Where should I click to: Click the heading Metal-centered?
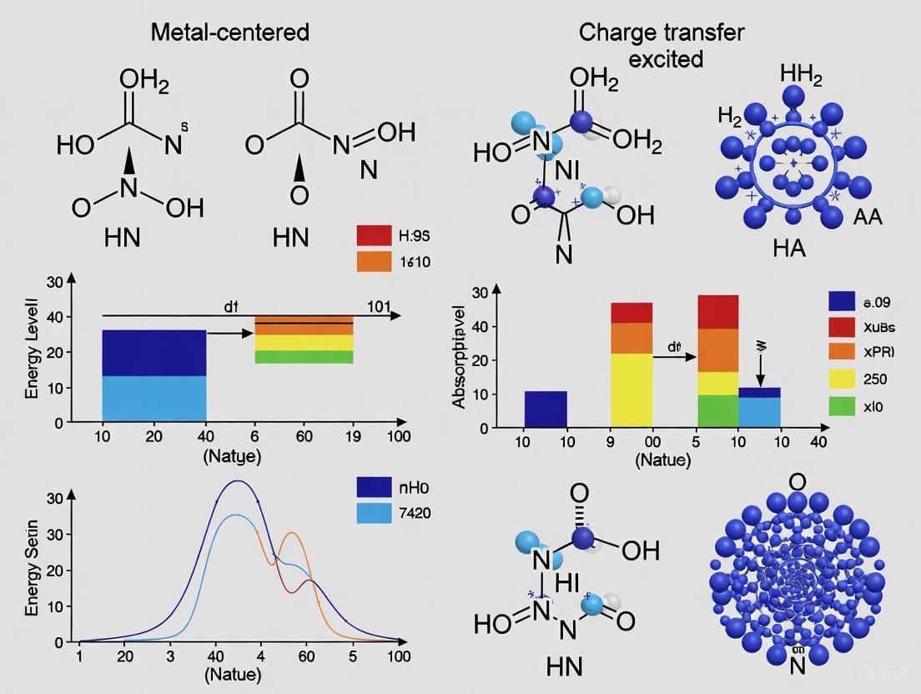[229, 33]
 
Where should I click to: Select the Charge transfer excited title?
[661, 45]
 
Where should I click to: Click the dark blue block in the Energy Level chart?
[154, 353]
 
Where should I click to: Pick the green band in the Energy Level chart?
[303, 357]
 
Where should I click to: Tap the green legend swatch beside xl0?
[842, 406]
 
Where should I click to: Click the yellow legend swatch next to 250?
[842, 379]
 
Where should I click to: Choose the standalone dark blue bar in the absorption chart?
[546, 409]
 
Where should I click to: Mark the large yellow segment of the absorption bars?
[632, 390]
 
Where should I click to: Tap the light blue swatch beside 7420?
[374, 513]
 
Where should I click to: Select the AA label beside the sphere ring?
[867, 219]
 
